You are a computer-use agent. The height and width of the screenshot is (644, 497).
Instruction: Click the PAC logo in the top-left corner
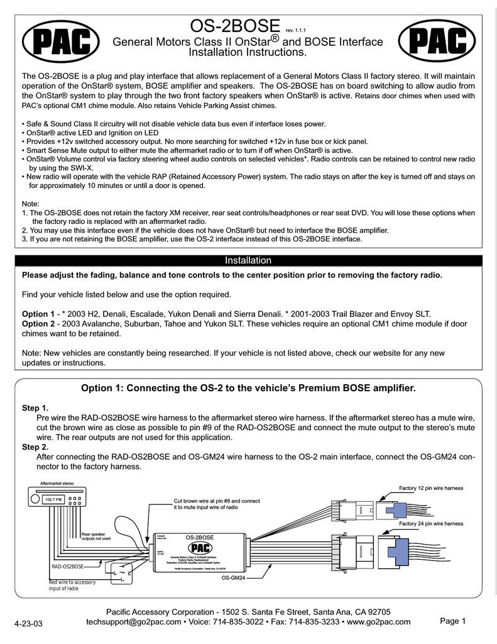click(60, 43)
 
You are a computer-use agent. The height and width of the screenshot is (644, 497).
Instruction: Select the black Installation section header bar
click(248, 260)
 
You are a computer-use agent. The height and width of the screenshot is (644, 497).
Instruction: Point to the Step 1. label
click(35, 408)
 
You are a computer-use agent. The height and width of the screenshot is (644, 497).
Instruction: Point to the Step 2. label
click(35, 447)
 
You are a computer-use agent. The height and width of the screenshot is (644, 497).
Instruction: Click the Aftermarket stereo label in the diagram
click(57, 483)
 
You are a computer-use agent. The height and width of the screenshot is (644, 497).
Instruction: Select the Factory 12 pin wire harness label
click(431, 488)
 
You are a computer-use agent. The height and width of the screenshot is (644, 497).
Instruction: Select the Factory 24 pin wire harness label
click(431, 523)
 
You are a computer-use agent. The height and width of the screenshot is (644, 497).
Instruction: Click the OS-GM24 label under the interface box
click(232, 577)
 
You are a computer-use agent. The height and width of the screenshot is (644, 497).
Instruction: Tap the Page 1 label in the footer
click(452, 621)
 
